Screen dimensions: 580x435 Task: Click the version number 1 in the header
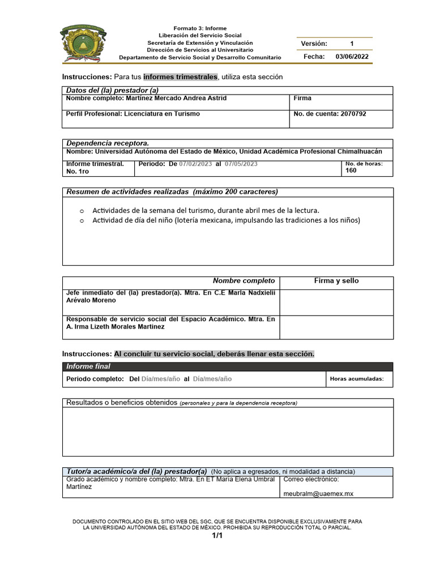(352, 44)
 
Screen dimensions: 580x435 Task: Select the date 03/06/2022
(352, 57)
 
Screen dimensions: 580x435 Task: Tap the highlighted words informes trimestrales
(180, 76)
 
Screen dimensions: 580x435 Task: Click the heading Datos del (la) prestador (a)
(112, 91)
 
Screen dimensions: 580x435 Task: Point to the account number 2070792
(353, 114)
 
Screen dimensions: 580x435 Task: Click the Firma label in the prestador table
(302, 99)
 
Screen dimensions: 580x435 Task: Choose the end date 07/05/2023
(241, 164)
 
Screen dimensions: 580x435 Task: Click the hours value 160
(351, 170)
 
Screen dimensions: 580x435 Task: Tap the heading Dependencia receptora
(108, 143)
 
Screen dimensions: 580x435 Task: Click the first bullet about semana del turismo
(206, 210)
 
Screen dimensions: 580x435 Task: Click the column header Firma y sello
(336, 281)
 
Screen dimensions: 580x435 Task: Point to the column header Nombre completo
(244, 281)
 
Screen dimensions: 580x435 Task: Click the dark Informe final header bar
(227, 366)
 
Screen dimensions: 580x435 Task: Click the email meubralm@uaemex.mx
(318, 493)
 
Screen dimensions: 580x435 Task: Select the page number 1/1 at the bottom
(217, 536)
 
